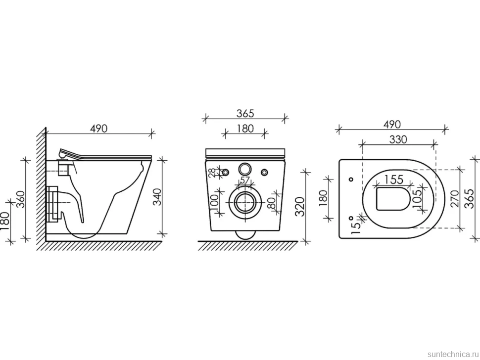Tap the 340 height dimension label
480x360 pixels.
(157, 197)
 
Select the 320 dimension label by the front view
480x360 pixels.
(300, 207)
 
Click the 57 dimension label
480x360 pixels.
(244, 180)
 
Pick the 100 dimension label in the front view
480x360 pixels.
(215, 201)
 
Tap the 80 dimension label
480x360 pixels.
(271, 203)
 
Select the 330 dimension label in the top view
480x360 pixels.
(398, 139)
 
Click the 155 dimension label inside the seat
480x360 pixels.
(394, 179)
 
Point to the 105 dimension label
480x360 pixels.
(417, 198)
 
